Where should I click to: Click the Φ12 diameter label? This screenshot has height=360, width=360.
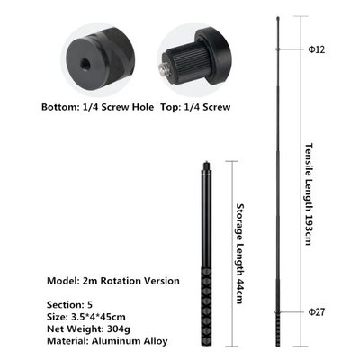click(317, 49)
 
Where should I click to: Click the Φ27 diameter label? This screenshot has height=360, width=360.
click(317, 312)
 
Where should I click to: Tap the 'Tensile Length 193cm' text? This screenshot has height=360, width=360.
click(309, 194)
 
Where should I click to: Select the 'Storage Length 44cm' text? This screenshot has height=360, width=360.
click(240, 254)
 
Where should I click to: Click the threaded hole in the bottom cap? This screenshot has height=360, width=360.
click(85, 63)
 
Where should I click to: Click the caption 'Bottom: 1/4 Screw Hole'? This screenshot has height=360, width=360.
click(97, 107)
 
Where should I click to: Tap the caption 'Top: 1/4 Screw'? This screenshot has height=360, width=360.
click(195, 107)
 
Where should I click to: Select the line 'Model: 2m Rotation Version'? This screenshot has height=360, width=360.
click(113, 281)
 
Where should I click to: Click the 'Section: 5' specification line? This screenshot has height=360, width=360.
click(69, 305)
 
